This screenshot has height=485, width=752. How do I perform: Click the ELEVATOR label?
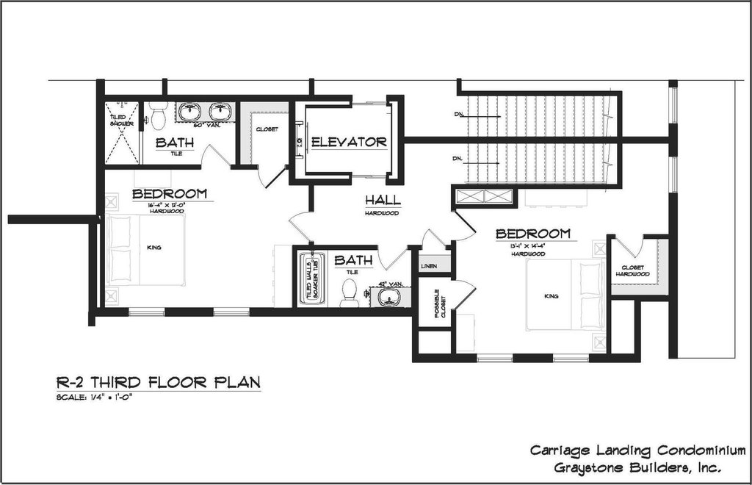click(x=348, y=142)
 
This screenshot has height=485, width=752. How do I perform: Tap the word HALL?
click(x=382, y=201)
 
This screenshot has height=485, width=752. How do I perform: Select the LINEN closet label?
click(x=429, y=266)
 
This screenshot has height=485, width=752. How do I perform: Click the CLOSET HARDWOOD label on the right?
click(x=632, y=270)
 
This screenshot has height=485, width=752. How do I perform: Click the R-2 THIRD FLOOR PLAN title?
click(x=158, y=382)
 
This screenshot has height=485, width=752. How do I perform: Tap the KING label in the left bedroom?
click(x=154, y=248)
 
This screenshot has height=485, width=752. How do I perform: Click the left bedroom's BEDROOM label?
click(x=169, y=194)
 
